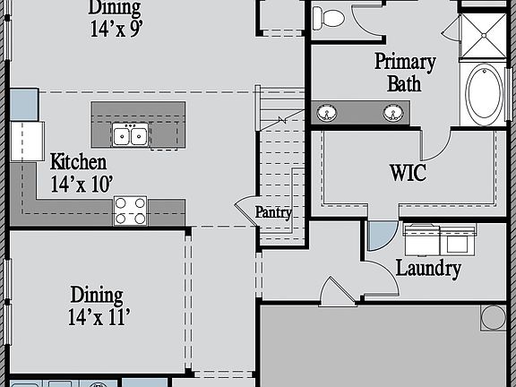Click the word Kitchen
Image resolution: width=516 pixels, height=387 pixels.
tap(78, 162)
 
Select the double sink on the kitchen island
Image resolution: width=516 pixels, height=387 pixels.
tap(130, 135)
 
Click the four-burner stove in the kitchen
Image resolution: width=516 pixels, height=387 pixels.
tap(130, 211)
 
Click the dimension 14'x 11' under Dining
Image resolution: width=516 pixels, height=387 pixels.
tap(99, 316)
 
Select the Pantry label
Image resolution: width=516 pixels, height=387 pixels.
tap(273, 212)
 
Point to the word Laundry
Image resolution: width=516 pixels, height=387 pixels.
tap(428, 268)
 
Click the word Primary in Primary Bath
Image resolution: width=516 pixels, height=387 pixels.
tap(405, 62)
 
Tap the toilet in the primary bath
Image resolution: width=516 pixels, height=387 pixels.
tap(332, 16)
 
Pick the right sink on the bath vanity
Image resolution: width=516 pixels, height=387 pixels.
tap(391, 112)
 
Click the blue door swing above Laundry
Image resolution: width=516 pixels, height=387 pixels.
tap(380, 235)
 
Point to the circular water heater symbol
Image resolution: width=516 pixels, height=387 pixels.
tap(493, 317)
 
